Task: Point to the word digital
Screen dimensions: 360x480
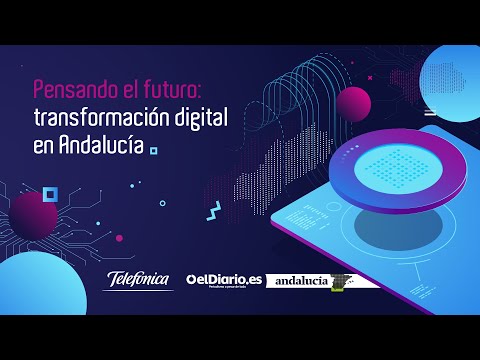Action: point(201,117)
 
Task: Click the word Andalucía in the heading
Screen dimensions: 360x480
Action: point(101,145)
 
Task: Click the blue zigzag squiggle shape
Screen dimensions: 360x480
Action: point(214,211)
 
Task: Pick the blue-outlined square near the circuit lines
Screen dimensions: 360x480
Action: point(51,193)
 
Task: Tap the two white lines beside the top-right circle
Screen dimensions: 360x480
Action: point(429,111)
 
